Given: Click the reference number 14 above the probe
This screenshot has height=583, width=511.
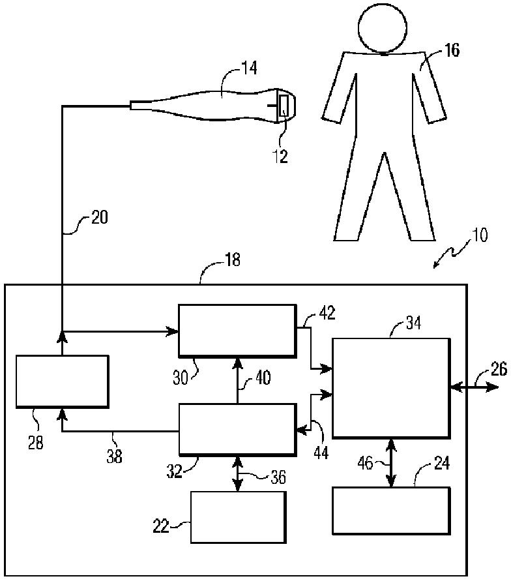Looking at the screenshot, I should [248, 68].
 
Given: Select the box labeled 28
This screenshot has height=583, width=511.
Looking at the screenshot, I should [61, 381].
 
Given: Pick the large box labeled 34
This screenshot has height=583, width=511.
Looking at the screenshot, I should [390, 387].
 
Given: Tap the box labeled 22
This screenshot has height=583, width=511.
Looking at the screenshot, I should [237, 516].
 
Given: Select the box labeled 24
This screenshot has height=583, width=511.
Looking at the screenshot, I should [390, 511].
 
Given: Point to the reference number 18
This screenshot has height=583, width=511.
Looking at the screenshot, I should [231, 261].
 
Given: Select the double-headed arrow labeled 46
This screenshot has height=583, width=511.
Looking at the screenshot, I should [391, 462].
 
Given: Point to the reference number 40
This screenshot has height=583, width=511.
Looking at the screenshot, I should [263, 378].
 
